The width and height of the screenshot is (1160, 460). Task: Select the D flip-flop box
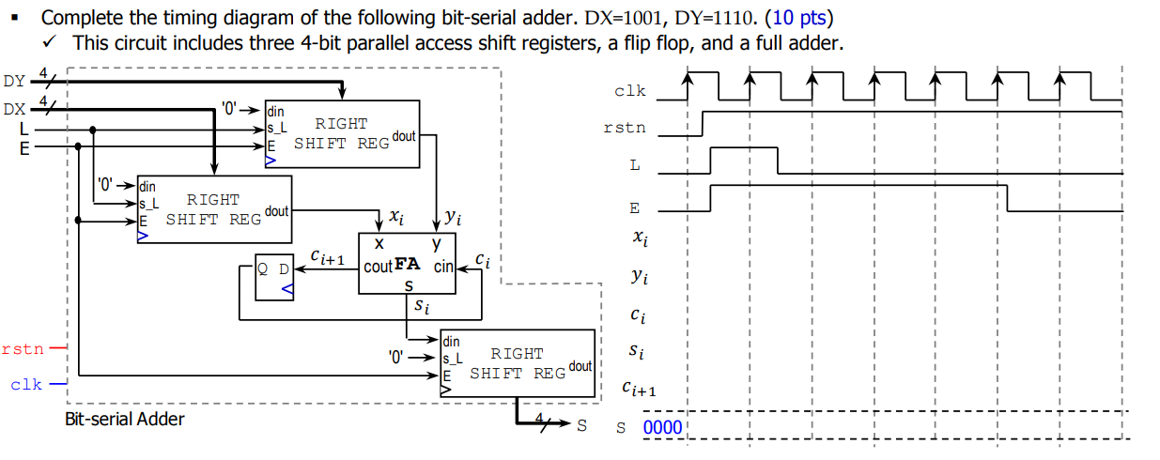(x=274, y=276)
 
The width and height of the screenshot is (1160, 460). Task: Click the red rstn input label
(x=23, y=349)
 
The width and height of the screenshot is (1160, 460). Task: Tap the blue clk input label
(x=26, y=385)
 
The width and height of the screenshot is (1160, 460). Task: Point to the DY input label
(x=15, y=82)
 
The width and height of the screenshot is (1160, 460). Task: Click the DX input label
(x=15, y=108)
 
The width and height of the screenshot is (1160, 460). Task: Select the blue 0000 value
(x=664, y=429)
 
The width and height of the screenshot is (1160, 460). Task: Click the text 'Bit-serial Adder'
(x=124, y=419)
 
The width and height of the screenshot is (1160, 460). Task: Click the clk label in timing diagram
(x=629, y=91)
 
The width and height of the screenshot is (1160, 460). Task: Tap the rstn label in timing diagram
(x=625, y=128)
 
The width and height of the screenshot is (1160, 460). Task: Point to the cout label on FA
(x=378, y=267)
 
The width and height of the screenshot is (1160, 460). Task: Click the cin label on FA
(x=443, y=267)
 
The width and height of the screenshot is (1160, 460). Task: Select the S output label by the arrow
(x=581, y=425)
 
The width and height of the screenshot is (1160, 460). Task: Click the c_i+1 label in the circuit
(x=328, y=256)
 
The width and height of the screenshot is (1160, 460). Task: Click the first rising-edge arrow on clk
(x=688, y=82)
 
